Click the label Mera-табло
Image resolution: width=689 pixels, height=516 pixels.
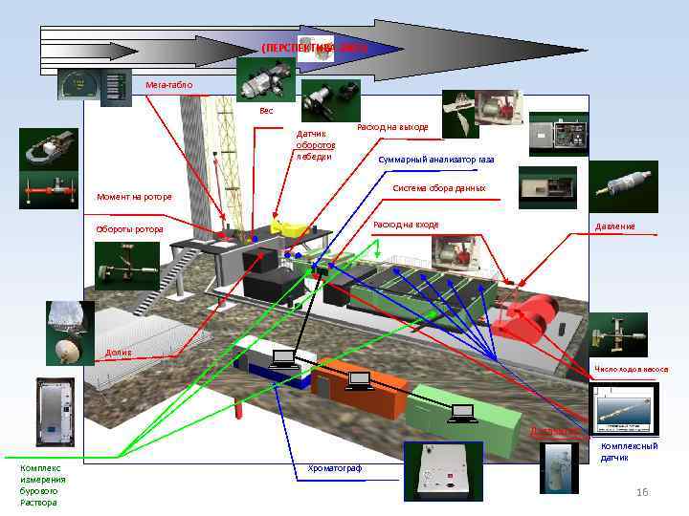coord(168,85)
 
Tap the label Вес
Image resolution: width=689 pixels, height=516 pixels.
coord(266,111)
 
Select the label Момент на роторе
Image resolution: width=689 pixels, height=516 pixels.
coord(134,198)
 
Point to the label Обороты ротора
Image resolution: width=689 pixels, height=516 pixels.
coord(129,229)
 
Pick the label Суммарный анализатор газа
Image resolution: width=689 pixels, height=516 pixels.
coord(435,159)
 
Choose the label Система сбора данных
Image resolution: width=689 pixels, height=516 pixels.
coord(439,188)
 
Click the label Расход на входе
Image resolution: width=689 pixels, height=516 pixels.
coord(406,225)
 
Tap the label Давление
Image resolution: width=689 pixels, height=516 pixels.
coord(614,226)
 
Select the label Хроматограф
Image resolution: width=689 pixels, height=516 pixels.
coord(335,467)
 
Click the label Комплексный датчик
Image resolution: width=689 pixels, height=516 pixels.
coord(628,452)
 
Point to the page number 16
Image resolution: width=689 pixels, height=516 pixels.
coord(642,491)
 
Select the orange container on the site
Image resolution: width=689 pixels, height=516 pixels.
coord(359,387)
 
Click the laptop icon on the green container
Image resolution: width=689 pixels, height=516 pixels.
coord(462,413)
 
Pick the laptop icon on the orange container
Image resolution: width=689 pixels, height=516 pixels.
coord(359,381)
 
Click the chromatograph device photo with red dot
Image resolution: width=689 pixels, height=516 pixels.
coord(436,470)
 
